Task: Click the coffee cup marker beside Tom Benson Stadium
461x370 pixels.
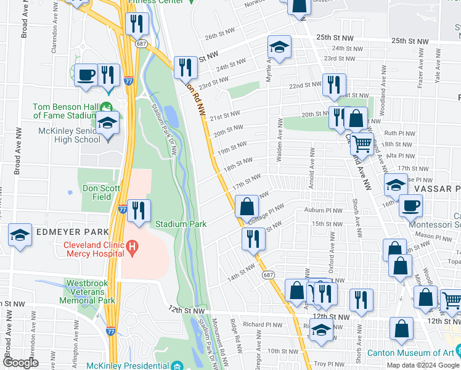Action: click(x=86, y=75)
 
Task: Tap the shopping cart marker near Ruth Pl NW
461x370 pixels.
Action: click(x=362, y=144)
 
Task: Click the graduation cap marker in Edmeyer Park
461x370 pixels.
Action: click(x=20, y=235)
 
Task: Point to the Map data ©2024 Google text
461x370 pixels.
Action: click(x=422, y=365)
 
